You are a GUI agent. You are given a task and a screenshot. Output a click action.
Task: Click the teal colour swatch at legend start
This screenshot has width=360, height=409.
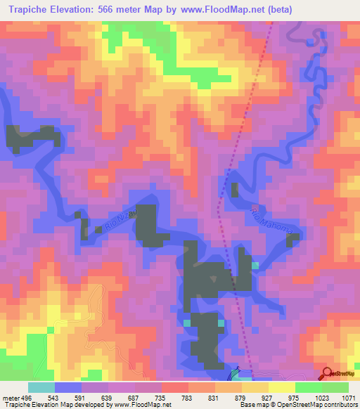(x=41, y=387)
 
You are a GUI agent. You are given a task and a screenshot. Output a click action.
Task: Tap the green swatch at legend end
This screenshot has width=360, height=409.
(x=335, y=387)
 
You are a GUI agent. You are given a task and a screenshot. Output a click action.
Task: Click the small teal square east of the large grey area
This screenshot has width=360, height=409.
(x=255, y=266)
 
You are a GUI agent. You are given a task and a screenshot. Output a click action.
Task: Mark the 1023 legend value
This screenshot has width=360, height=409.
(x=316, y=397)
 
